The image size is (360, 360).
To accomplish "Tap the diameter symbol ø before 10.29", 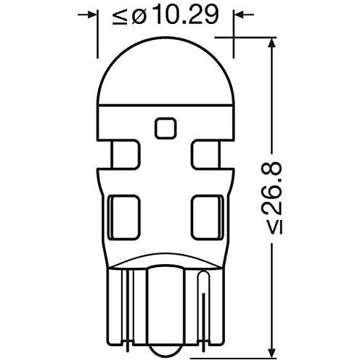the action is pos(139,17).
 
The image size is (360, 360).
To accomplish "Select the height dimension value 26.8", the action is pos(273,187).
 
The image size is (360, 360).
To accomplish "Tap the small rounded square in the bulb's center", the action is pos(165,128).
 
